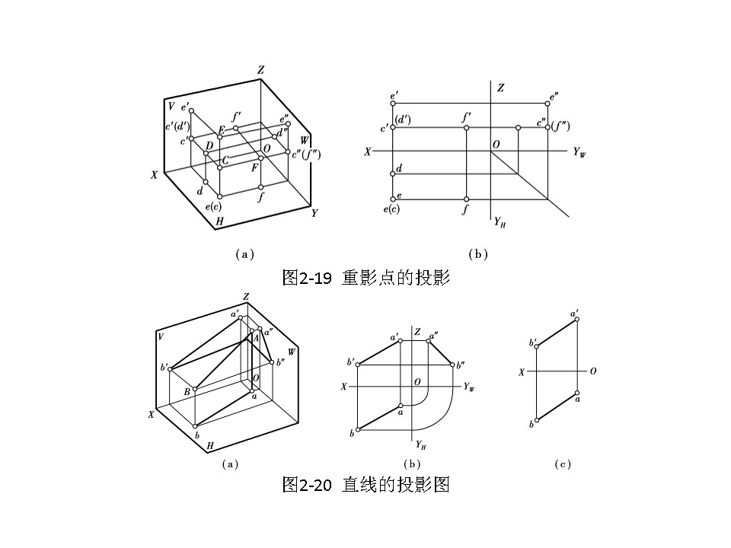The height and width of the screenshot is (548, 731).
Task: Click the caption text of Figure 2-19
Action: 366,278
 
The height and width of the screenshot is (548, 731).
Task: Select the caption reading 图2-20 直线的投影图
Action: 366,484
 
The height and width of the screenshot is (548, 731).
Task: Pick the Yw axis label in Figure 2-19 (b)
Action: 579,152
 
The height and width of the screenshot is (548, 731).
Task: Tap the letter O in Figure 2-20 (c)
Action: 592,371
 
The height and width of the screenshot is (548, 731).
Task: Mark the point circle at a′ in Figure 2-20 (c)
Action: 577,320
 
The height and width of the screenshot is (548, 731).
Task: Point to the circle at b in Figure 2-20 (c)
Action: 537,420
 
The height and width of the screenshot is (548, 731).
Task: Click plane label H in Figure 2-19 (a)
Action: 219,221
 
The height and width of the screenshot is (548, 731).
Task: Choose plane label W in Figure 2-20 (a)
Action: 292,351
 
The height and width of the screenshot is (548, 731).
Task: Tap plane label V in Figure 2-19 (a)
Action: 171,106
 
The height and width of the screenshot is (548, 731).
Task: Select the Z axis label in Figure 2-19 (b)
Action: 500,88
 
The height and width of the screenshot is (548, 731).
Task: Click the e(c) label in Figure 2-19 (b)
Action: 391,209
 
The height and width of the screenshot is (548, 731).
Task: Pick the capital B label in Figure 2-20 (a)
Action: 186,391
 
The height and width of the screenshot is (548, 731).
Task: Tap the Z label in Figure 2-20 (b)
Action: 417,332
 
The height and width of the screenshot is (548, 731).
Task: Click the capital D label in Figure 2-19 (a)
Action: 209,145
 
